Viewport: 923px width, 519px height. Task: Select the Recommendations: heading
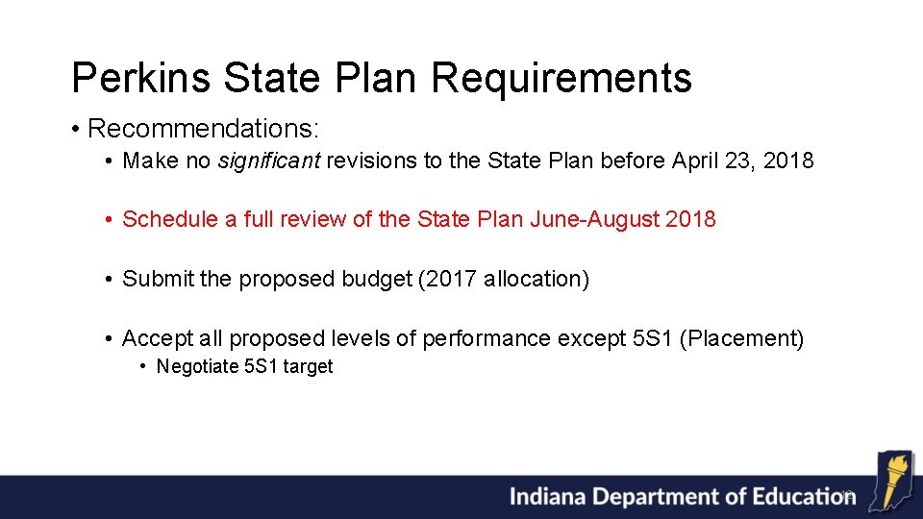point(203,128)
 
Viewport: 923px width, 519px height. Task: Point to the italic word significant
point(268,161)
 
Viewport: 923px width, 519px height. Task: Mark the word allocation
point(534,279)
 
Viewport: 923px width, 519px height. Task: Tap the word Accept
point(158,338)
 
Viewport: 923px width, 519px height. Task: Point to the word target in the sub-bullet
point(310,366)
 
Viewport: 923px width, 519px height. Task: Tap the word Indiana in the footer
point(547,497)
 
